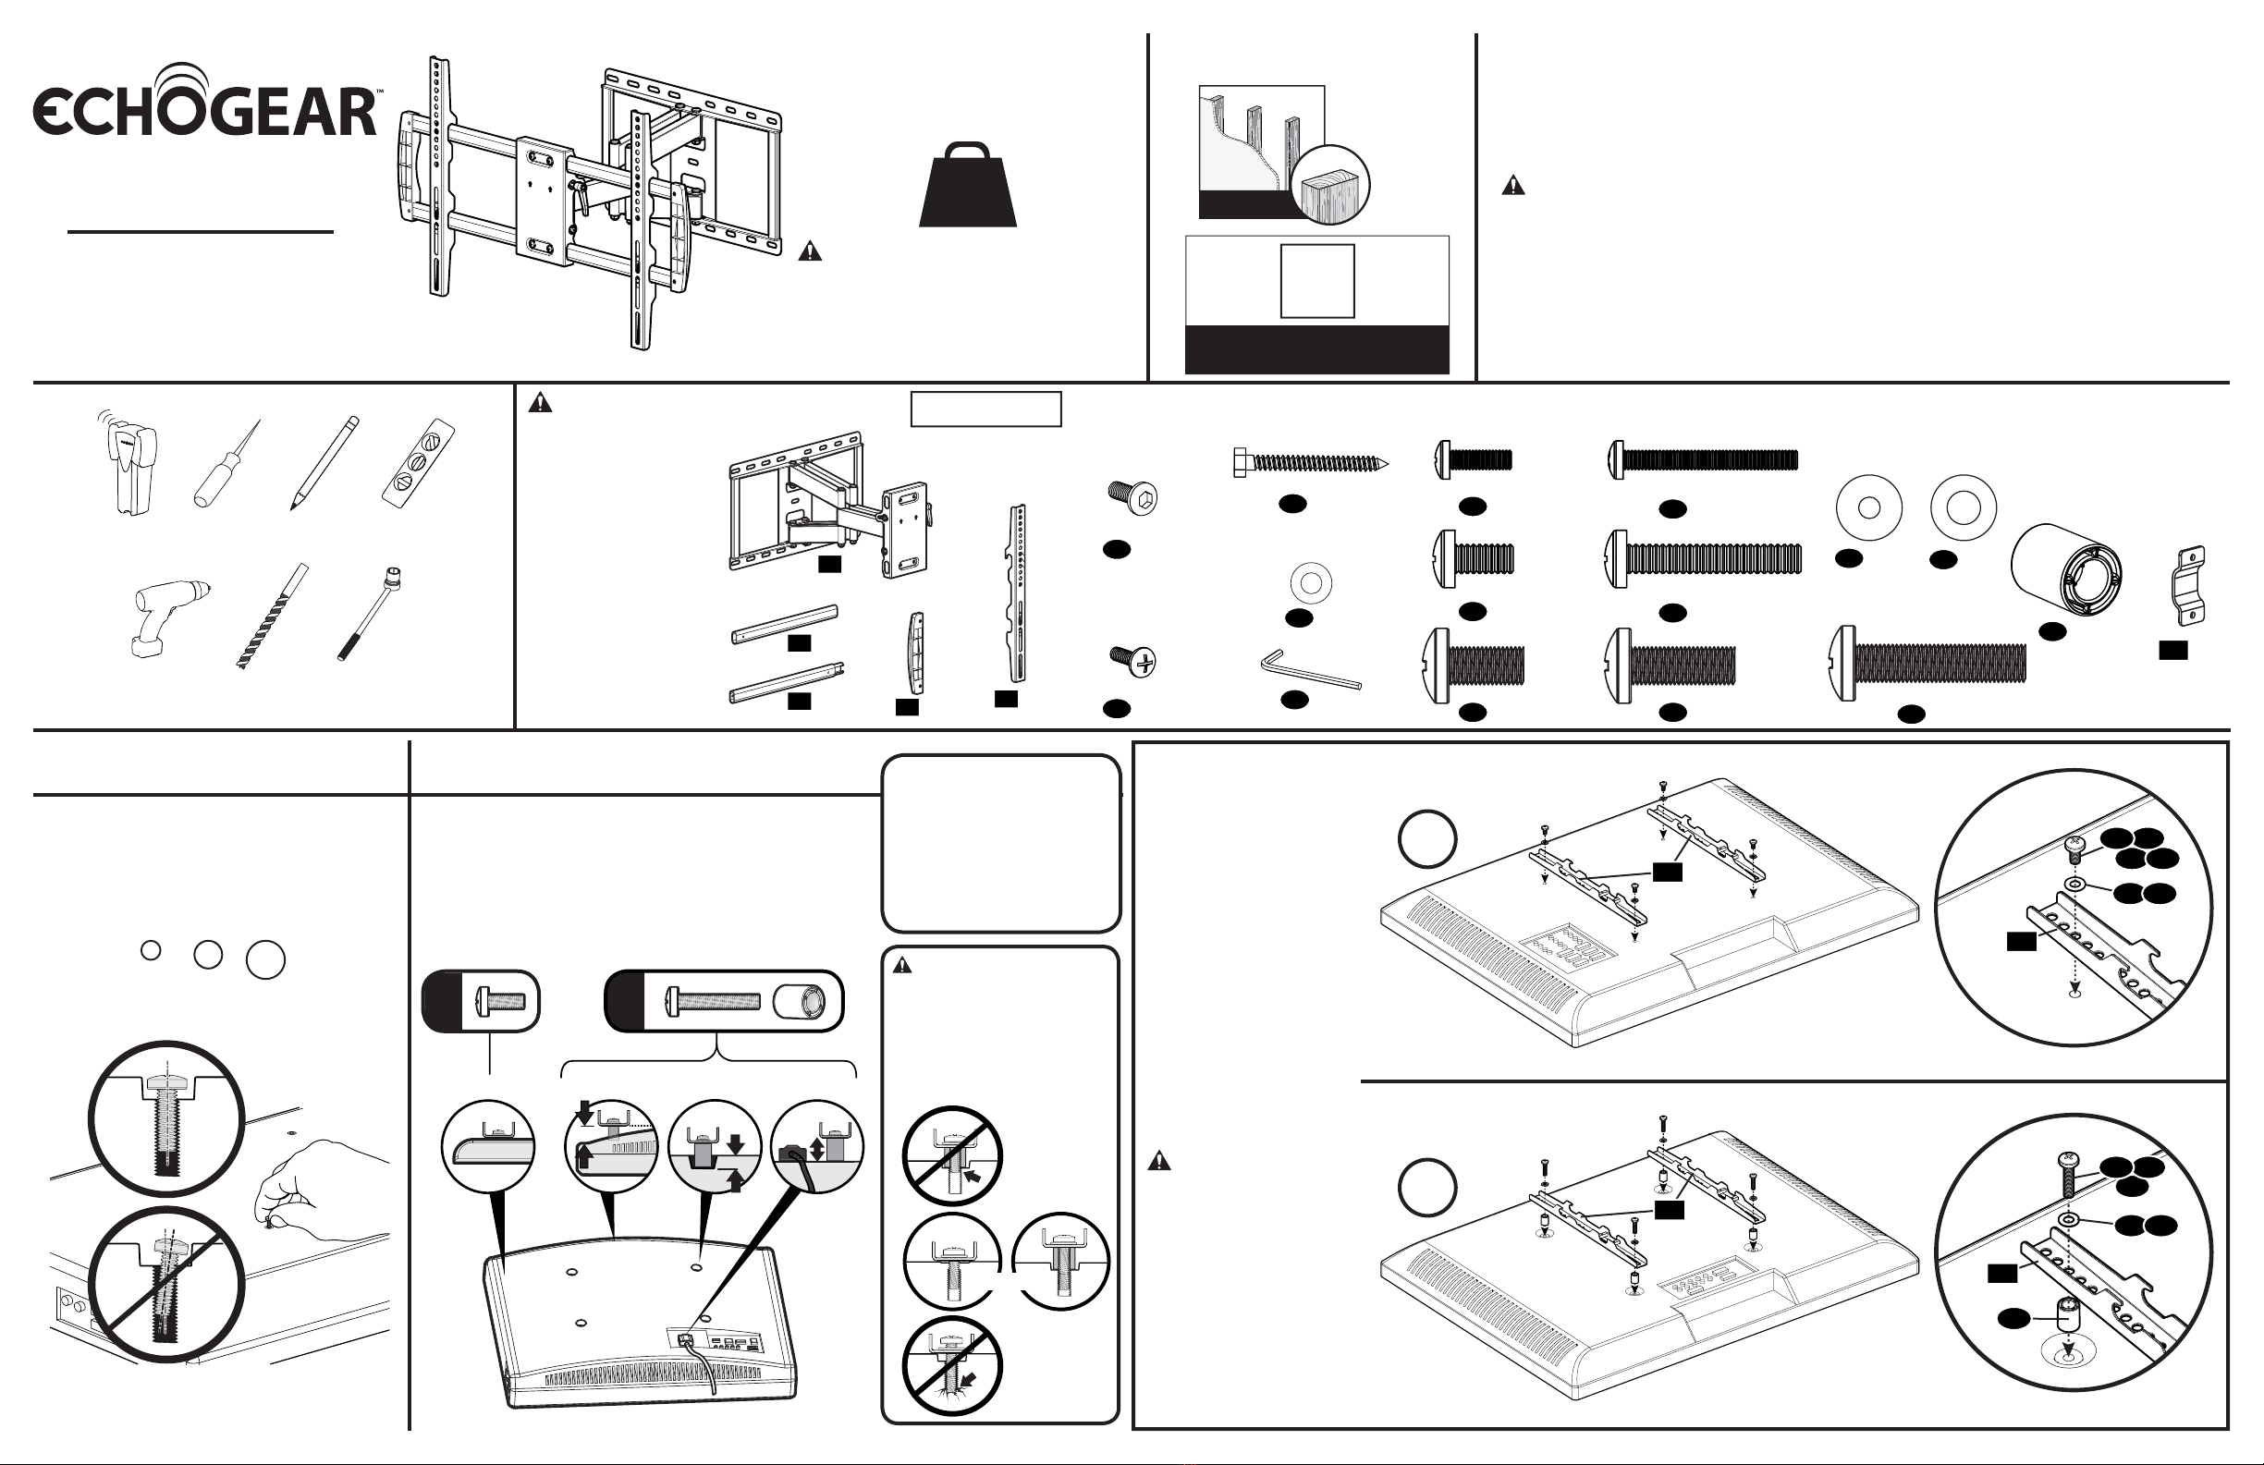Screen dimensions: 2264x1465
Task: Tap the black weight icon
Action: [967, 185]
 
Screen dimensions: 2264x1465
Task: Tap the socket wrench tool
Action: [369, 614]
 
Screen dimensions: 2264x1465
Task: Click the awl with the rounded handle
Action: [226, 464]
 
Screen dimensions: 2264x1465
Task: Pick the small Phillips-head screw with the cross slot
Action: [1133, 659]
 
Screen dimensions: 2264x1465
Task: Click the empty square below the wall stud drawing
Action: [1317, 281]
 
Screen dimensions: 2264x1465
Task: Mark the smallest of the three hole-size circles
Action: [151, 949]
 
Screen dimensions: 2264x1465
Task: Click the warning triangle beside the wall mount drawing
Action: [810, 251]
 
